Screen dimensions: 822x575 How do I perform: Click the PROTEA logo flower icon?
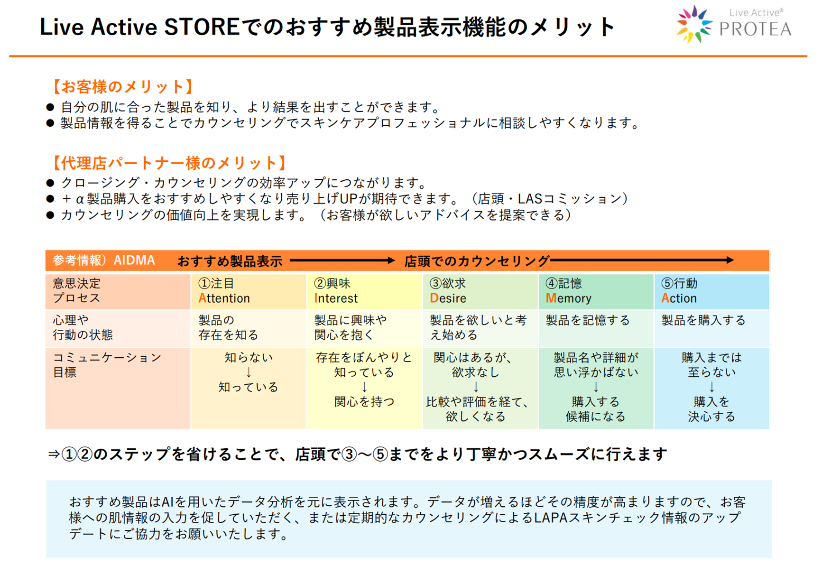click(x=694, y=24)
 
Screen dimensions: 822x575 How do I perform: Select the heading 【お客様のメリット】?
click(x=123, y=86)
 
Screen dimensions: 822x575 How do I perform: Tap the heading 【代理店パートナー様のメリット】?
click(x=169, y=163)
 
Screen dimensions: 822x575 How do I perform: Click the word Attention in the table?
click(x=224, y=298)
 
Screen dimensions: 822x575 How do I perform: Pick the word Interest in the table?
click(x=336, y=298)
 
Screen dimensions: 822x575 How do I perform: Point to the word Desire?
click(x=448, y=298)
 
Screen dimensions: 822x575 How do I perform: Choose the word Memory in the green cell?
click(x=568, y=298)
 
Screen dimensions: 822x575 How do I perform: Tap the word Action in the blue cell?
click(x=679, y=298)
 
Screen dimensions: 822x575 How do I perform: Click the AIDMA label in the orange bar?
click(x=134, y=260)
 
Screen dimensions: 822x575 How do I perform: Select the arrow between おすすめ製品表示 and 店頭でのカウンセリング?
click(x=342, y=260)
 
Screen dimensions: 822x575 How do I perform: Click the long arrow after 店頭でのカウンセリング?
click(x=642, y=260)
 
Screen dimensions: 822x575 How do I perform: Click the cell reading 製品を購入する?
click(x=703, y=320)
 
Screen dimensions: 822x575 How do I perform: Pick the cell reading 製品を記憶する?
click(x=588, y=320)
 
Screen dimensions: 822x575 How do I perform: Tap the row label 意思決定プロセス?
click(x=76, y=290)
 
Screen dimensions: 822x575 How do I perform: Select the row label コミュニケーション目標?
click(x=107, y=364)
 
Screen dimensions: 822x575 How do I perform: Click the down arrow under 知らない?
click(x=248, y=372)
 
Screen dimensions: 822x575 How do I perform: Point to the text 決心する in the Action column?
click(x=711, y=417)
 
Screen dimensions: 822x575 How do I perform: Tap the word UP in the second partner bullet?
click(x=348, y=198)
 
